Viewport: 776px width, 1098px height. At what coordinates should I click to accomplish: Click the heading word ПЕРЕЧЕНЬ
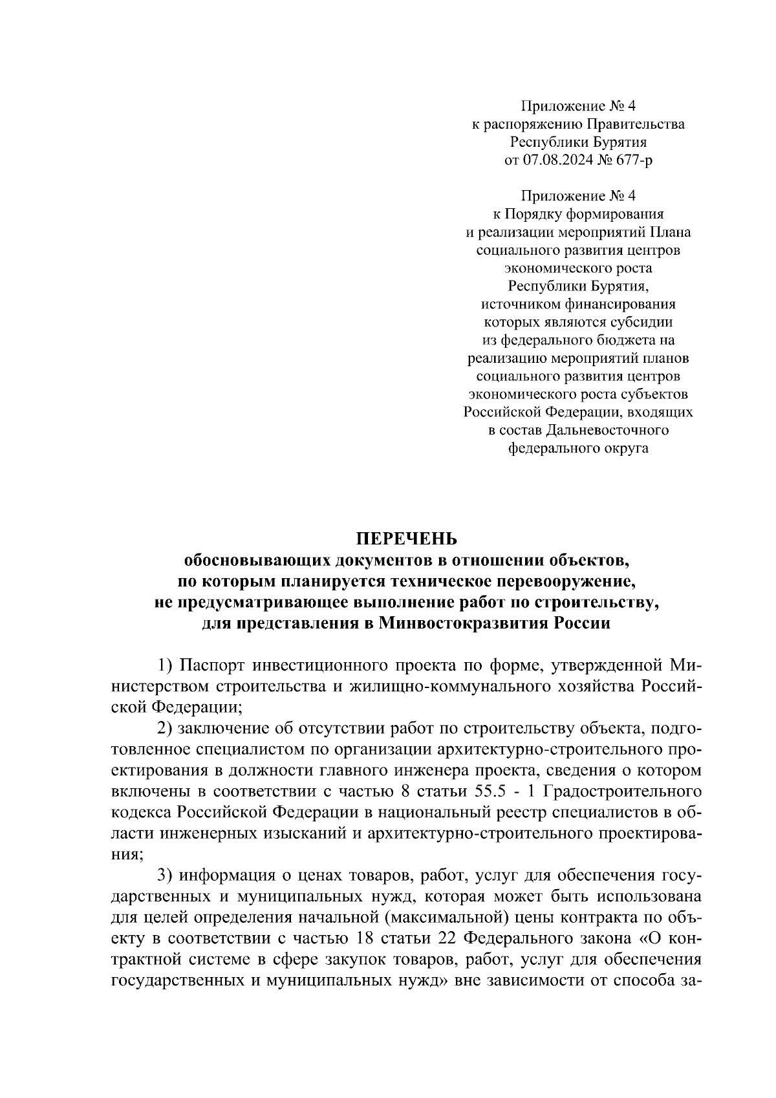[x=407, y=538]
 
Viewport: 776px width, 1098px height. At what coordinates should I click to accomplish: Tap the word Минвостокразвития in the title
[x=465, y=623]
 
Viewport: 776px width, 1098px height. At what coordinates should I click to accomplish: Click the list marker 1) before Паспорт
[x=166, y=665]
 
